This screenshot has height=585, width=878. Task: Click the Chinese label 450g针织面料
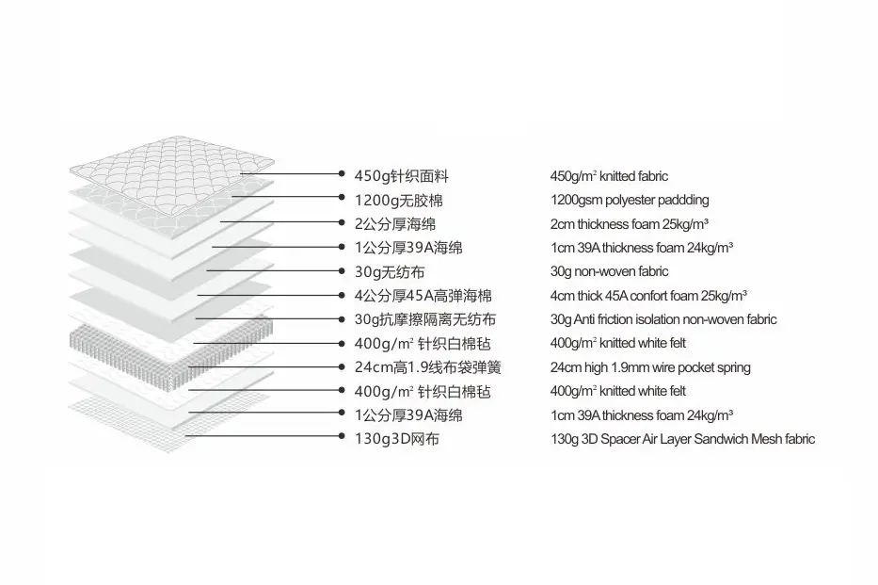tap(403, 175)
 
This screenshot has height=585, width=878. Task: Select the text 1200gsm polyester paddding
tap(630, 200)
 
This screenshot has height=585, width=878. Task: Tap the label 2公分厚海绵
tap(394, 223)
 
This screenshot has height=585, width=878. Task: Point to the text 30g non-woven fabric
tap(609, 271)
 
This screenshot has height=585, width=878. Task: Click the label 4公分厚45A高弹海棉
tap(423, 296)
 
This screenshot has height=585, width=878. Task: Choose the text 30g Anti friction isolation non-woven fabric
tap(663, 319)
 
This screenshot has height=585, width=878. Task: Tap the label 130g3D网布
tap(396, 439)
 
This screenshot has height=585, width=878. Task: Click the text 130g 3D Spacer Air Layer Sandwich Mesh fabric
tap(682, 439)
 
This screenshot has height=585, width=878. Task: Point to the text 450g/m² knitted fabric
tap(609, 176)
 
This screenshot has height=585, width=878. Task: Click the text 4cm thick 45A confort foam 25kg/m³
tap(648, 296)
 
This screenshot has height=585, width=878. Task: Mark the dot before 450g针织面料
tap(343, 174)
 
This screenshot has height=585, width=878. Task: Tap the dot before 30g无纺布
tap(343, 270)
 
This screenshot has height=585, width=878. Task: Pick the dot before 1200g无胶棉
tap(343, 198)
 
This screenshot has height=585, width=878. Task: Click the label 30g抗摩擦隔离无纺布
tap(424, 319)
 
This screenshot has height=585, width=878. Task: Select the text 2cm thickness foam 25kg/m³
tap(629, 223)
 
